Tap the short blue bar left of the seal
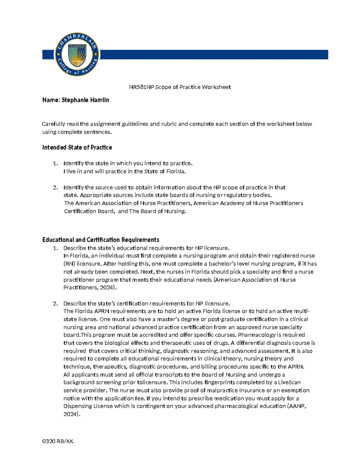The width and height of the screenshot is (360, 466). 48,55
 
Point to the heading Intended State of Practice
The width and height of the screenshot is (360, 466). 77,147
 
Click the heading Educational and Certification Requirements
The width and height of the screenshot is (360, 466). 100,240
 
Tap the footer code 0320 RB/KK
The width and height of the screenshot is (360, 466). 58,441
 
